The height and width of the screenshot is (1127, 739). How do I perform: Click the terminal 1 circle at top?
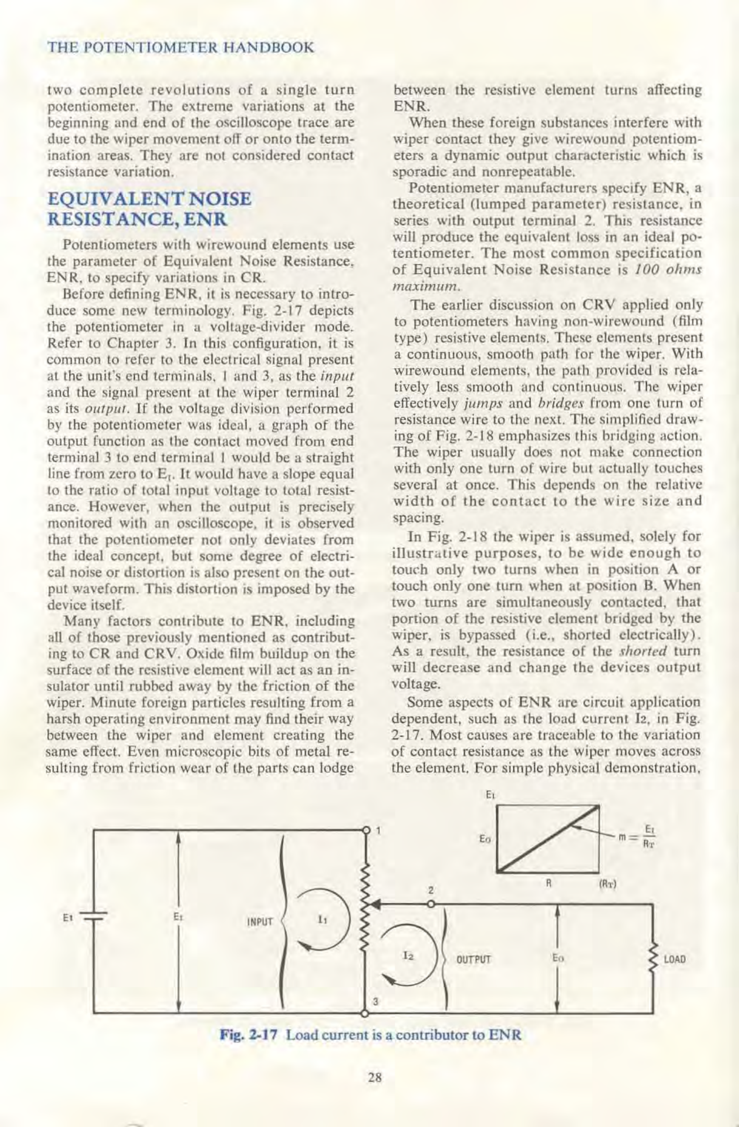pos(367,829)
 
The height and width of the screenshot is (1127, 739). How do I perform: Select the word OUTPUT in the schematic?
pos(474,959)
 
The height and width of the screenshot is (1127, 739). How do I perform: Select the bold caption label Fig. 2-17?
pos(248,1034)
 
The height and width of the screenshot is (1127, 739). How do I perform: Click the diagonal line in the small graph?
pos(548,838)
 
